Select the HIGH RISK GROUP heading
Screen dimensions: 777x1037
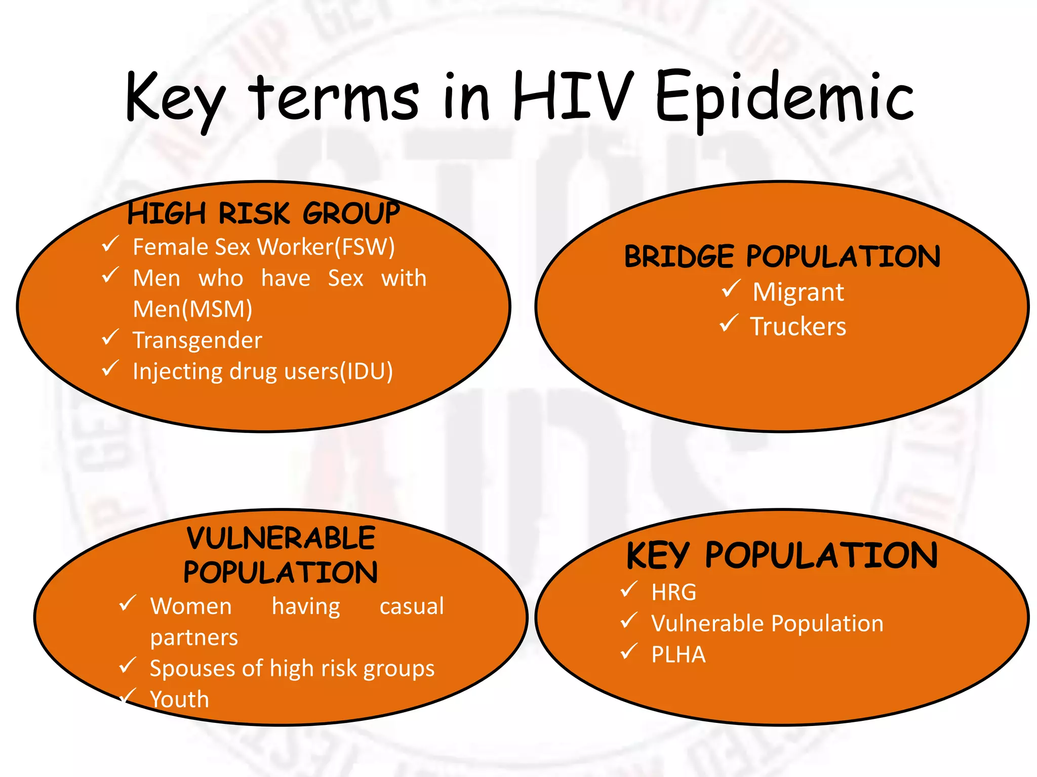(263, 213)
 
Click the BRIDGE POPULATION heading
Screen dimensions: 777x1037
(782, 256)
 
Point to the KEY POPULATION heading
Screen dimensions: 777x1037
(782, 555)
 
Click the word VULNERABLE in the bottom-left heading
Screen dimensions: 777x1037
(281, 538)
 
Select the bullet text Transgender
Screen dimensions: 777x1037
(197, 340)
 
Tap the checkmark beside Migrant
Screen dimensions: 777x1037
(731, 289)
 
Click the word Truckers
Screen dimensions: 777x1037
(798, 326)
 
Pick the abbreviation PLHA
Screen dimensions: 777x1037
(679, 655)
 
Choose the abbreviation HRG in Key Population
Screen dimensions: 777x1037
(674, 592)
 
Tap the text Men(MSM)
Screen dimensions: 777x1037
(192, 309)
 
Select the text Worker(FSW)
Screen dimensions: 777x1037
(326, 247)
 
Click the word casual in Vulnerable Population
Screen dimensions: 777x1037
(412, 606)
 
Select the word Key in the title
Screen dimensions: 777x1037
(175, 99)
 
